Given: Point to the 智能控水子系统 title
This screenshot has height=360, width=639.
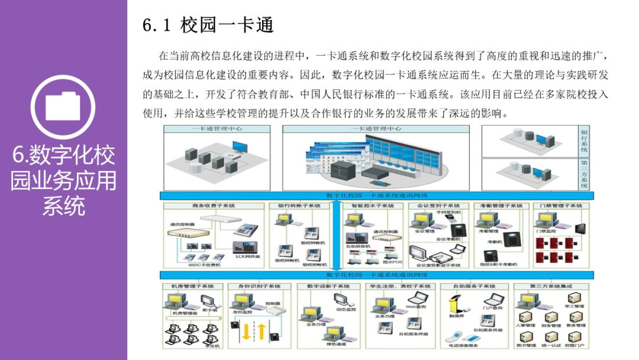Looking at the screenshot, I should pyautogui.click(x=372, y=205).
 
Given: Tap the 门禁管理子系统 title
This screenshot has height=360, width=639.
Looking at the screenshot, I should pyautogui.click(x=561, y=205).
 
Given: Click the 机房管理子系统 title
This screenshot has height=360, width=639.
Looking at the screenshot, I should pyautogui.click(x=192, y=287).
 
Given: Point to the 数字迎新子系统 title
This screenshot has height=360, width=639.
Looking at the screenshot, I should pyautogui.click(x=329, y=287).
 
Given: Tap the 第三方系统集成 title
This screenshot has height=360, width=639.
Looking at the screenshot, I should pyautogui.click(x=551, y=287).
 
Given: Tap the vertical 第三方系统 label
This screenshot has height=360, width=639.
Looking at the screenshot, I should pyautogui.click(x=584, y=174).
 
